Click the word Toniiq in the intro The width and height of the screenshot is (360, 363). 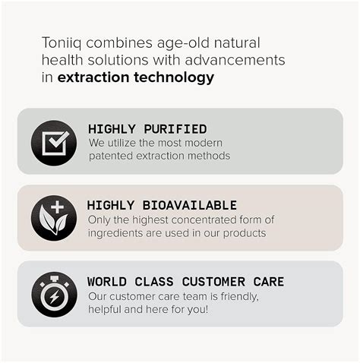(x=58, y=42)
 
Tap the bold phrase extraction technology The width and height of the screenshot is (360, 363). (x=136, y=77)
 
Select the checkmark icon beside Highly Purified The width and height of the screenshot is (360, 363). (x=54, y=142)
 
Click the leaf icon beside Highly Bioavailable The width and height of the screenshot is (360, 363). (x=54, y=218)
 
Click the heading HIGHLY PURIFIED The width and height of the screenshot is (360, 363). (x=147, y=129)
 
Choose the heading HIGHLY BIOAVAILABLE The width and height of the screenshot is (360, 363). (x=162, y=205)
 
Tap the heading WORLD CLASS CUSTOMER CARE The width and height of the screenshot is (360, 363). (x=186, y=282)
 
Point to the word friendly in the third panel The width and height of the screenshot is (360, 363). (x=238, y=296)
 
